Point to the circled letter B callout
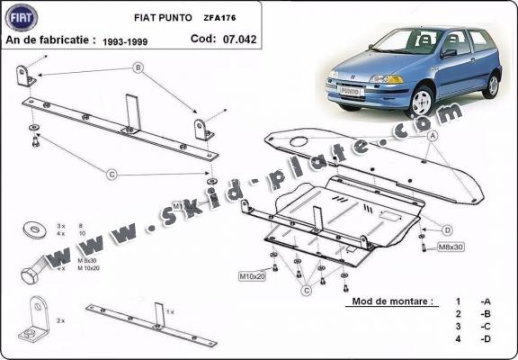click(x=138, y=67)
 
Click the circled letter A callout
click(x=433, y=135)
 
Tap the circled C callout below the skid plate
click(x=305, y=290)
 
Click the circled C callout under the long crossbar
click(x=112, y=174)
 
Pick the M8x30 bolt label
click(x=451, y=247)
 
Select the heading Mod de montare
click(x=391, y=301)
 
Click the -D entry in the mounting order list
click(x=485, y=340)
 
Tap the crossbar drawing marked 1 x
click(x=151, y=327)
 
